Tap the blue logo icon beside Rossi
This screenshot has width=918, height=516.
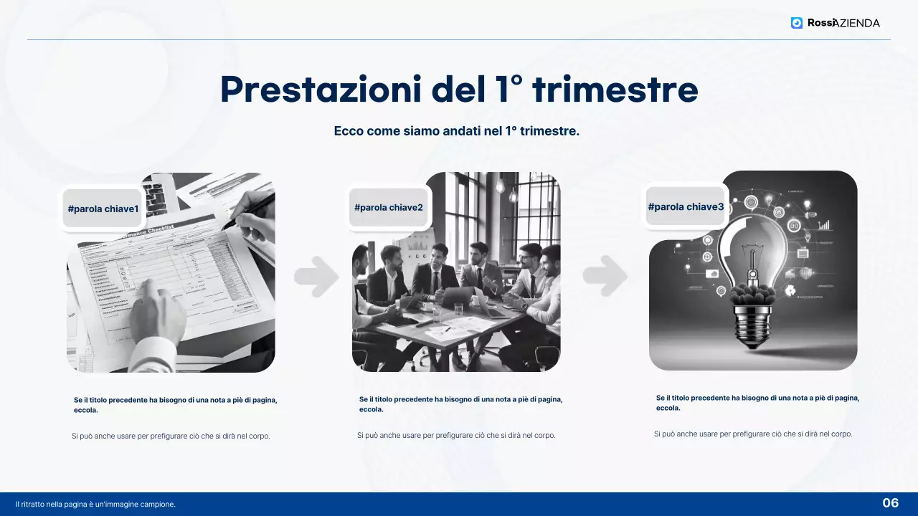[x=797, y=23]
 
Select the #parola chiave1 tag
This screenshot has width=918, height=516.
[x=103, y=209]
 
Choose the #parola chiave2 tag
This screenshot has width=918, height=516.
[x=389, y=208]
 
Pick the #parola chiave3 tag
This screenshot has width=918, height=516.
[x=686, y=207]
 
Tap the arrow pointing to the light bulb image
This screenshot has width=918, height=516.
[x=605, y=275]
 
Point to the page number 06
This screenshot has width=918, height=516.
[x=890, y=503]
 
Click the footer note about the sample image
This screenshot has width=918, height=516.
[x=95, y=505]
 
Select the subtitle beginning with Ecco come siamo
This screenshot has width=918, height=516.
[x=456, y=131]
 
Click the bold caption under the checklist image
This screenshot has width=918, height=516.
[x=175, y=405]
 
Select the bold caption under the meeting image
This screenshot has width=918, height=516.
[x=460, y=404]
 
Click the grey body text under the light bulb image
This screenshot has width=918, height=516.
[x=753, y=434]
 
